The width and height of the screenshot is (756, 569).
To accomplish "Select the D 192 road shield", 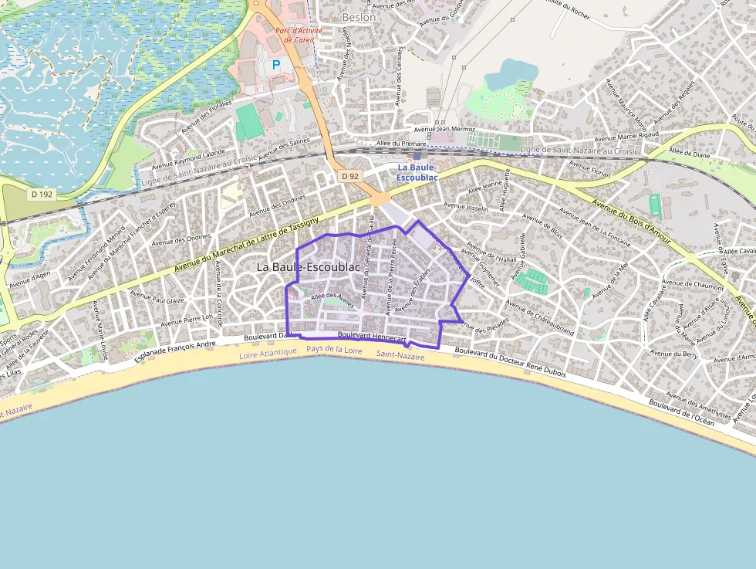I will coord(42,194).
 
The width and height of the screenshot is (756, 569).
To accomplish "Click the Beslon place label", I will coord(359,17).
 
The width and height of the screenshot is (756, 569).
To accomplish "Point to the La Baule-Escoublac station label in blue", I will coord(417,172).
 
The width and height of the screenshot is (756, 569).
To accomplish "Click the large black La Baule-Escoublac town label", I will coord(308,266).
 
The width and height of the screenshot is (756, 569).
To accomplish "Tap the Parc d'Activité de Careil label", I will coord(299,35).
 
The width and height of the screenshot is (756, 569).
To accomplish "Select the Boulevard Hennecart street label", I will coord(371,337).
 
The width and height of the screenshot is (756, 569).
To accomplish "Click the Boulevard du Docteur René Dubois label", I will coord(510,361).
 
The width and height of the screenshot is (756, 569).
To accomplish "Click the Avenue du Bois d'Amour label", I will coord(631,225).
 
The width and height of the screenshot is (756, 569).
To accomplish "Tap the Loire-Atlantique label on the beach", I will coord(268,352).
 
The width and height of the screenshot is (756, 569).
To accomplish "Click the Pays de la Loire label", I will coord(334,350).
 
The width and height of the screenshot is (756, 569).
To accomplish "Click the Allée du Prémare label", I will coord(401,143).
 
